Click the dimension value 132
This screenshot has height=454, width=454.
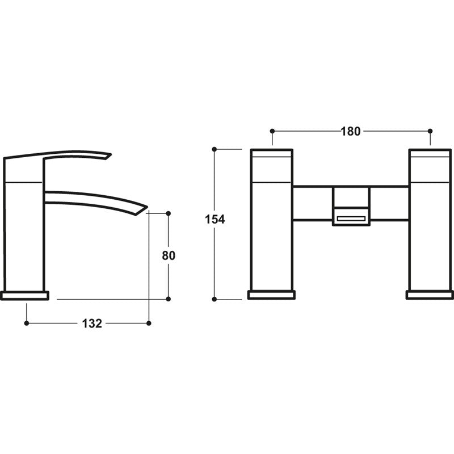point(93,323)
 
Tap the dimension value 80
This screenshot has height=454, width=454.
point(169,255)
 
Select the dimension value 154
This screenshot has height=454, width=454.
point(215,220)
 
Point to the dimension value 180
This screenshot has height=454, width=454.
point(351,131)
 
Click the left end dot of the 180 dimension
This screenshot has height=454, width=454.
point(272,131)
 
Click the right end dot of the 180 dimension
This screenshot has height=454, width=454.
point(430,131)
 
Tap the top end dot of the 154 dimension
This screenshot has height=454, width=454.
point(215,149)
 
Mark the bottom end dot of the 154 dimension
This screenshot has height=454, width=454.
point(215,299)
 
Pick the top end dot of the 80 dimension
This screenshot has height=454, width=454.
point(169,213)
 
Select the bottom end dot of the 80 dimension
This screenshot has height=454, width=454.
point(169,299)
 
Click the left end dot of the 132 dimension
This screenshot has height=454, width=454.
point(26,323)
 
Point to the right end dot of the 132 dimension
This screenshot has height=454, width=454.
point(149,323)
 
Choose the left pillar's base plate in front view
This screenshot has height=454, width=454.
point(271,295)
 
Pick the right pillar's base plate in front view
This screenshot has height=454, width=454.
point(430,295)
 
